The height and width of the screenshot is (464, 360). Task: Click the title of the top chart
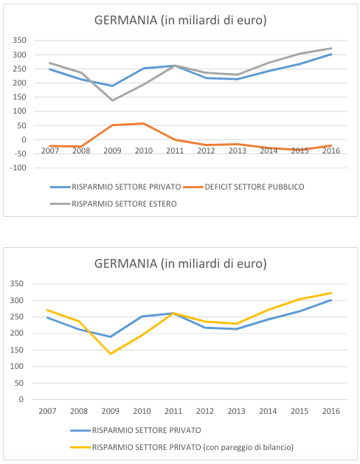tap(181, 21)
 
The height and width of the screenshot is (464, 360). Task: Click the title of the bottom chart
tap(181, 263)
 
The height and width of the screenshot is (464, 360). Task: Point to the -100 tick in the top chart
tap(18, 167)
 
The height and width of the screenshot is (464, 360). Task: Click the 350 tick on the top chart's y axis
tap(19, 41)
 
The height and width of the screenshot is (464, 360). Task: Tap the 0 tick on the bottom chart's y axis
tap(21, 399)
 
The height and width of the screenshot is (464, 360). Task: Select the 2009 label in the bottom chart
tap(111, 411)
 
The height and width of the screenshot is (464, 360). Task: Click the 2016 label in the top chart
tap(331, 150)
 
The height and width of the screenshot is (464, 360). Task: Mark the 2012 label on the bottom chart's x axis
tap(205, 411)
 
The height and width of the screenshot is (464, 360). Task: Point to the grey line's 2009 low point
tap(112, 100)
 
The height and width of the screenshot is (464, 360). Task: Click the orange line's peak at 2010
tap(144, 123)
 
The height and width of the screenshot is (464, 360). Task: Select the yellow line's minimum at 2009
tap(111, 354)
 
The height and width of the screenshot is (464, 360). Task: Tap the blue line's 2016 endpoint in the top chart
tap(331, 54)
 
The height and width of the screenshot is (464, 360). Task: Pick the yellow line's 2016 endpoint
tap(331, 293)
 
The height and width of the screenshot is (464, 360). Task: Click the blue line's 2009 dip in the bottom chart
tap(111, 337)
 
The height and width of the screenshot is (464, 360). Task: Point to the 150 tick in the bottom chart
tap(17, 350)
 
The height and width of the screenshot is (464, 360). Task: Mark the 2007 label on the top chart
tap(50, 150)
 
